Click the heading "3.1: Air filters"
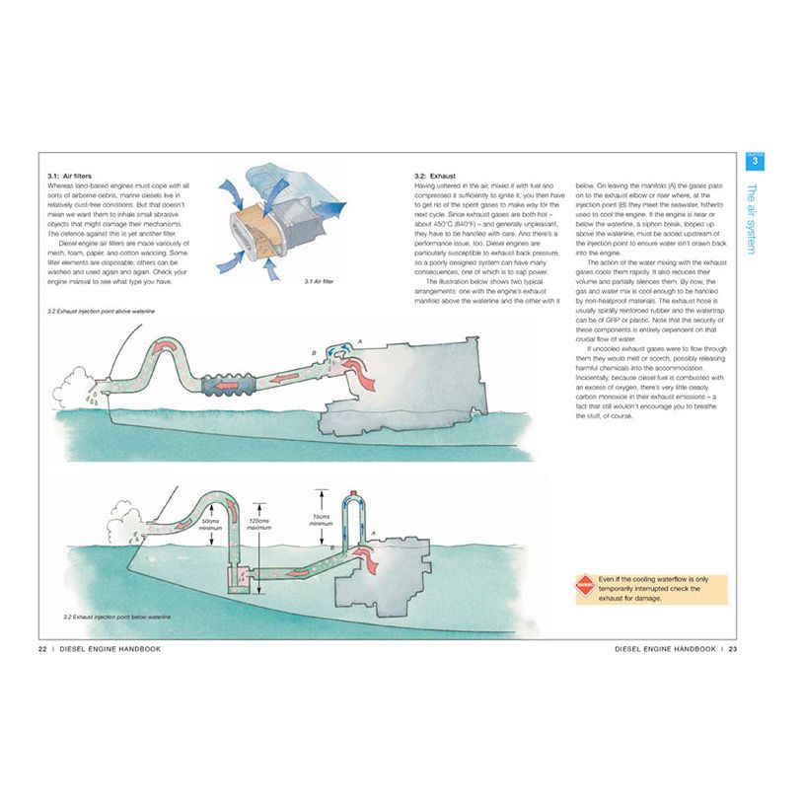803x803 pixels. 68,176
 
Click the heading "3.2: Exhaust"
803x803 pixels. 436,176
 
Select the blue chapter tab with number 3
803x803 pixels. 756,161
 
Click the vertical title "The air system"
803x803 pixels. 754,218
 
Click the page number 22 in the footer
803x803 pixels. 42,648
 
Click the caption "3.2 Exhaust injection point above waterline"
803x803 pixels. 102,312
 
